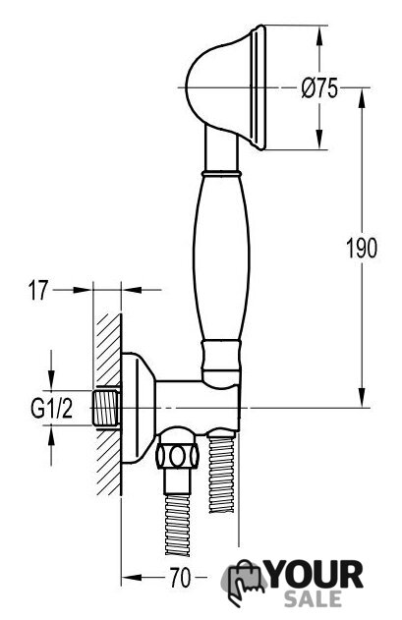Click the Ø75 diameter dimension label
pos(319,87)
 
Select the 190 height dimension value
pos(362,249)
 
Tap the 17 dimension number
pos(38,290)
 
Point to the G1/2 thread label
pos(52,409)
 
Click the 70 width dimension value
pos(180,578)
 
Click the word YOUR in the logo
pos(315,575)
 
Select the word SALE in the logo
pos(313,598)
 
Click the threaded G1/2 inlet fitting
pos(106,409)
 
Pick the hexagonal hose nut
pos(177,456)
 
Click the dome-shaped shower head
pos(225,87)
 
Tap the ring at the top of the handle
pos(221,173)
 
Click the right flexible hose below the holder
pos(221,473)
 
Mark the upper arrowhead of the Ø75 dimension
pos(320,36)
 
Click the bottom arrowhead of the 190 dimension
pos(362,397)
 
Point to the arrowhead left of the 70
pos(132,578)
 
